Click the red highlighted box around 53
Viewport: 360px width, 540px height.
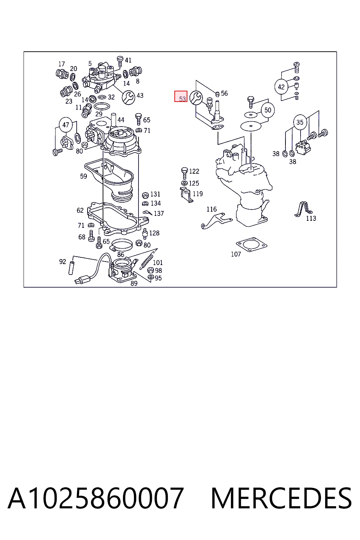click(x=181, y=96)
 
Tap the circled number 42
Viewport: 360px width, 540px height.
click(x=281, y=87)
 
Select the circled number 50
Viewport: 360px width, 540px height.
click(x=268, y=110)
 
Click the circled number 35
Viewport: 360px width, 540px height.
click(x=300, y=122)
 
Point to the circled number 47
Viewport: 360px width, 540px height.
click(x=66, y=125)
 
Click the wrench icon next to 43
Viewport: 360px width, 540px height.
click(x=129, y=98)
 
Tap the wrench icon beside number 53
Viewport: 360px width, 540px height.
click(x=196, y=98)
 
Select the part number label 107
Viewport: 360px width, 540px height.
click(x=236, y=254)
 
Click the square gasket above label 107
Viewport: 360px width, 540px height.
click(x=251, y=246)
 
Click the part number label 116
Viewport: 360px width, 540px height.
click(x=212, y=209)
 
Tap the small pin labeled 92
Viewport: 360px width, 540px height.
click(x=71, y=268)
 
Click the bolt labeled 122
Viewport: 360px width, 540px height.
click(x=185, y=173)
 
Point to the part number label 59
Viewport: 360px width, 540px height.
click(x=83, y=176)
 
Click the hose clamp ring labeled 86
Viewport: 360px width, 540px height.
click(x=122, y=245)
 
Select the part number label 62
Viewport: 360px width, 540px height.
click(x=80, y=211)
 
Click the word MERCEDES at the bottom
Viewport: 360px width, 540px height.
click(x=281, y=498)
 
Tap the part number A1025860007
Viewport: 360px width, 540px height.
click(x=96, y=498)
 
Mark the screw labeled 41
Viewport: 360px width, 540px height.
click(x=120, y=62)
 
